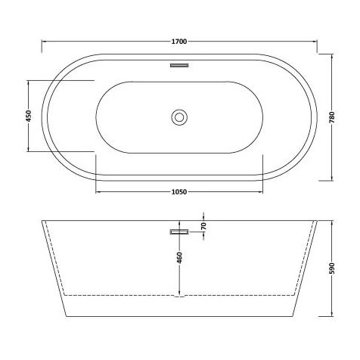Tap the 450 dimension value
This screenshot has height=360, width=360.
28,116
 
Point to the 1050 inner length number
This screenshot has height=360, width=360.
178,193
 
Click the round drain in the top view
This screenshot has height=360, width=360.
179,116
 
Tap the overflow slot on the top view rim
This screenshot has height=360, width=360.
179,66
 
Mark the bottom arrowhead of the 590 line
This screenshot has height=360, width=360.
332,312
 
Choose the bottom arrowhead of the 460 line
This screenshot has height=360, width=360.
178,292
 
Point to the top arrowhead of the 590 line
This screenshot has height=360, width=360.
332,224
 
